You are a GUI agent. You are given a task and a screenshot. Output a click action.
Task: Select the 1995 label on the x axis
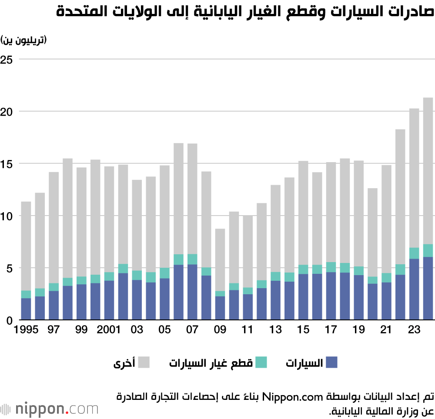25,330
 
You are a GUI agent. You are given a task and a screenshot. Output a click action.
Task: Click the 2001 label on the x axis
108,330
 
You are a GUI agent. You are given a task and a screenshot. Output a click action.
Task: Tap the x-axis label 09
220,330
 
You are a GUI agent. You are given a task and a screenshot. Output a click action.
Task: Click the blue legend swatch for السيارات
331,362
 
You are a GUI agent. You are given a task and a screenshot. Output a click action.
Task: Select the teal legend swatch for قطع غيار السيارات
260,362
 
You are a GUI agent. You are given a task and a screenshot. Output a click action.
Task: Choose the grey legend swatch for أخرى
144,362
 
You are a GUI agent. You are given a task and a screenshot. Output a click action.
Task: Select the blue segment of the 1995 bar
26,309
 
